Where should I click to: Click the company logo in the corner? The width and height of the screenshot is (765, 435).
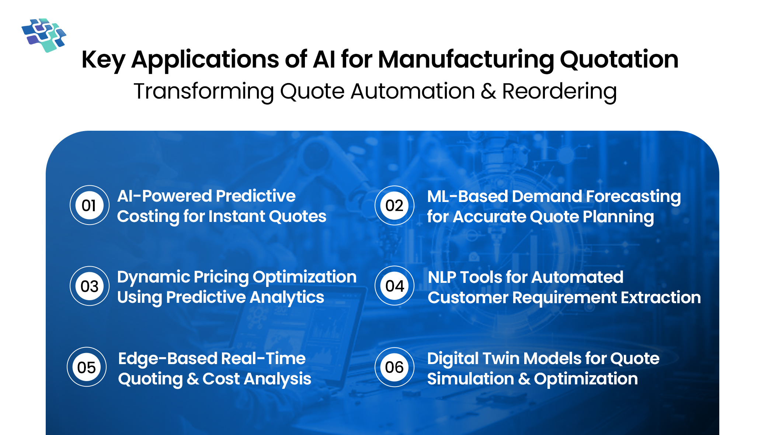coord(44,35)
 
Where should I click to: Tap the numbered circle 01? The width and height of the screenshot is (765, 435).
coord(89,205)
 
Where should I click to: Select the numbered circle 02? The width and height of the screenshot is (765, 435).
coord(394,205)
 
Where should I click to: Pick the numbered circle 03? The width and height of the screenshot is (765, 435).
coord(89,286)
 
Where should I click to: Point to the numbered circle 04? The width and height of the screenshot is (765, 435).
coord(394,286)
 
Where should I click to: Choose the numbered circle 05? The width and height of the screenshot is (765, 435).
coord(87,367)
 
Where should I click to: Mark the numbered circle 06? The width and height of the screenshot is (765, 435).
coord(394,367)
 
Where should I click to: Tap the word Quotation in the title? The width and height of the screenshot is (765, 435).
coord(619,60)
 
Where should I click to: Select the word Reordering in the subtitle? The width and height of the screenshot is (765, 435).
coord(559,92)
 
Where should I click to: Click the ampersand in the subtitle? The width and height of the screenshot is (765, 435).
coord(488,92)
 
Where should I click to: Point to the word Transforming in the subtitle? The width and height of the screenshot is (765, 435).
coord(204,92)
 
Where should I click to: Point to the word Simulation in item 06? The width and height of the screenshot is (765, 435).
coord(470,379)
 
